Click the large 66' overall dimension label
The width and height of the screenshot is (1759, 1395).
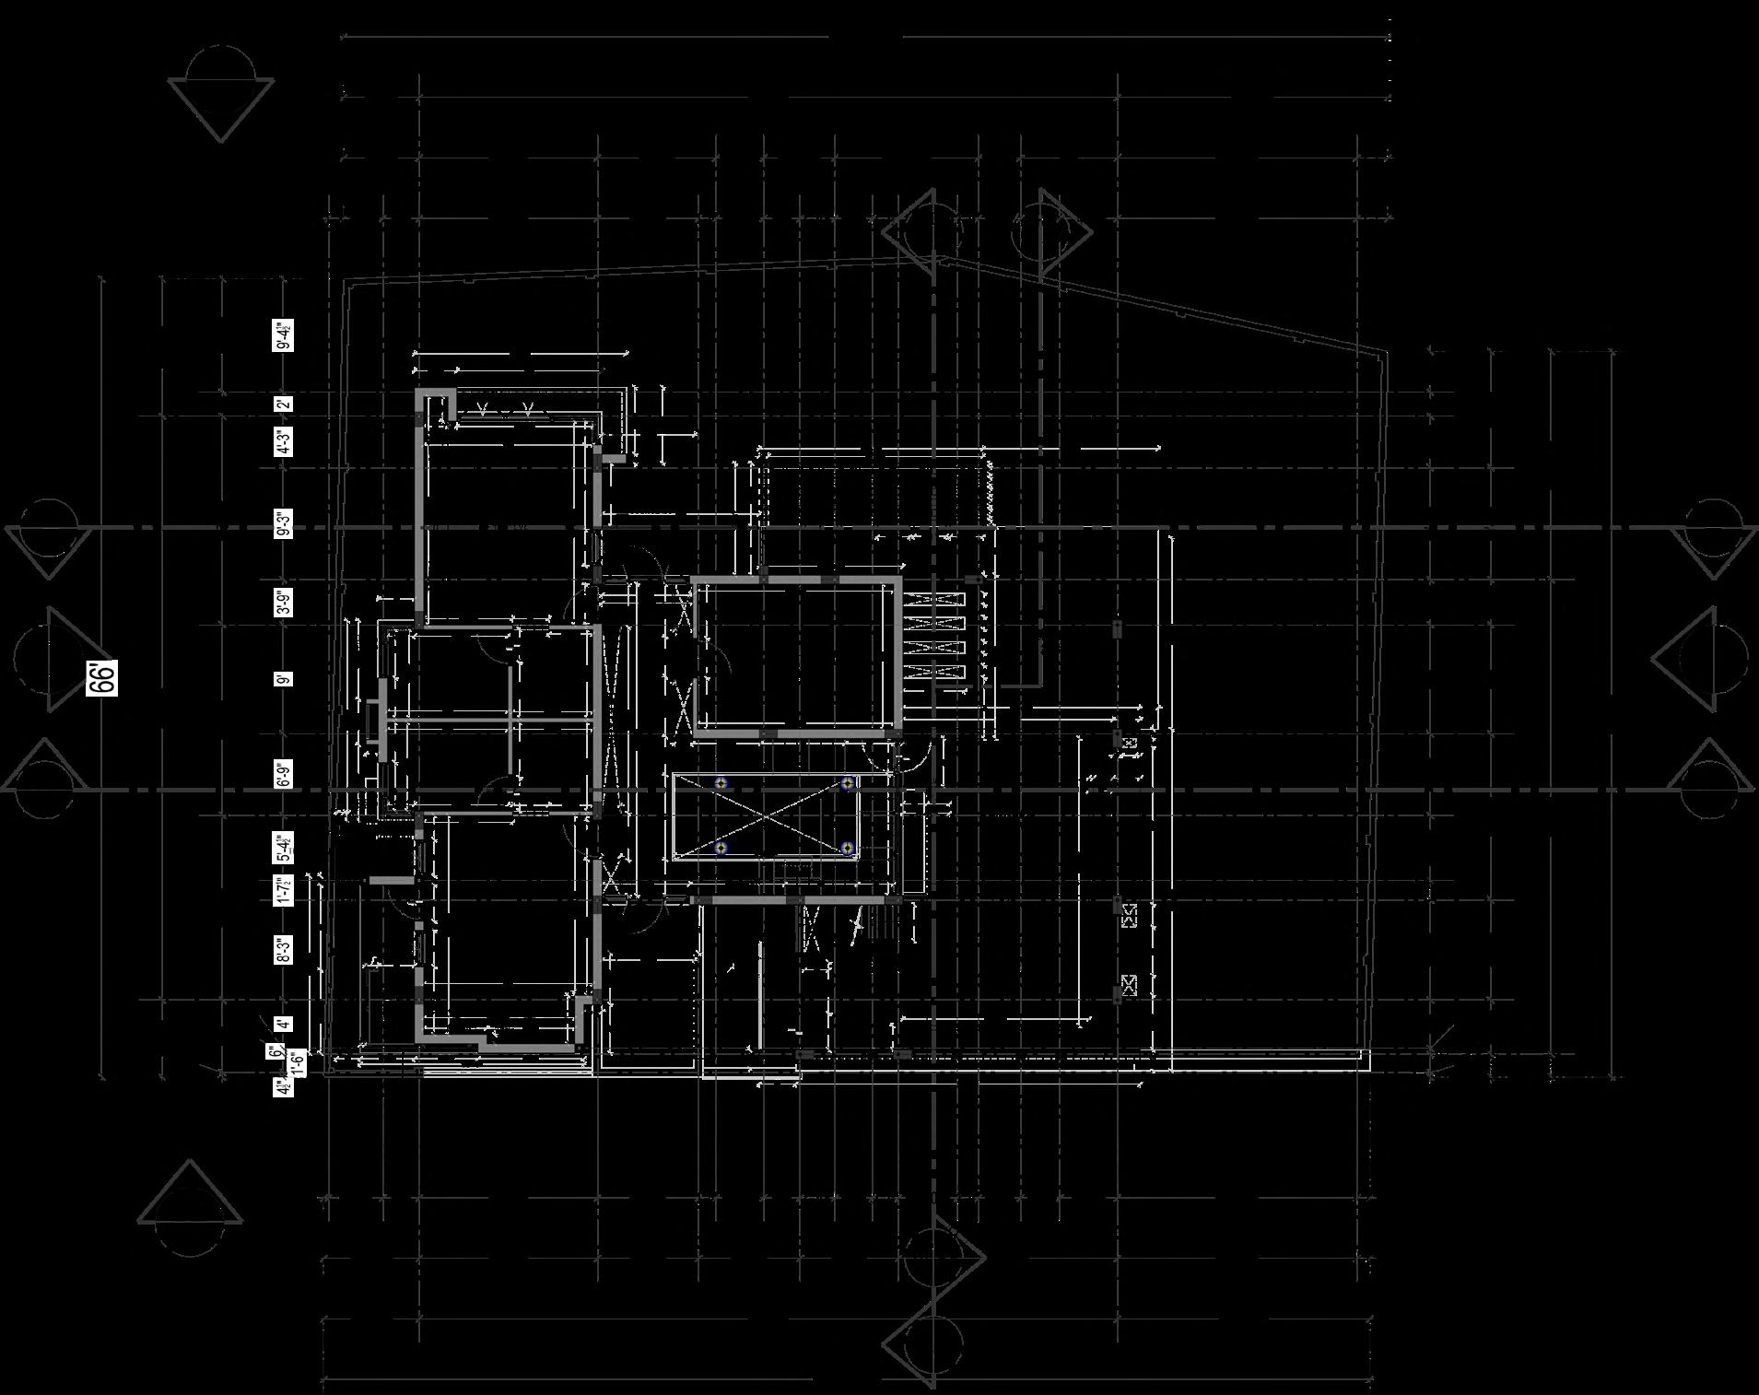coord(102,678)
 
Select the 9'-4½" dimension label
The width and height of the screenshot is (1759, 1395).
coord(284,336)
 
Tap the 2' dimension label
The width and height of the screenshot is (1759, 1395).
coord(284,404)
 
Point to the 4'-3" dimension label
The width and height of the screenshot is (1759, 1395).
coord(284,441)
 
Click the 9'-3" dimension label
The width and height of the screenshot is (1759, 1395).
coord(284,523)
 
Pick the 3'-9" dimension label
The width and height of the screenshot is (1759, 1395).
coord(284,602)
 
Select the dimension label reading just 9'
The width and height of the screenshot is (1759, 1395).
coord(284,679)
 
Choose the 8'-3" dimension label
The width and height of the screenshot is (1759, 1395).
coord(284,950)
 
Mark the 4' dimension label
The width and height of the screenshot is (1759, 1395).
coord(284,1024)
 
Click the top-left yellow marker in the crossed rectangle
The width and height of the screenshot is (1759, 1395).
coord(721,783)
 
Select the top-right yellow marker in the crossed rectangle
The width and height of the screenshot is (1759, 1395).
coord(848,783)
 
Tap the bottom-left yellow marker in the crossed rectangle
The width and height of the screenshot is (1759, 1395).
coord(721,848)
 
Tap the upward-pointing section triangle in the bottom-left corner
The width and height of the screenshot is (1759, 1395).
coord(191,1194)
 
